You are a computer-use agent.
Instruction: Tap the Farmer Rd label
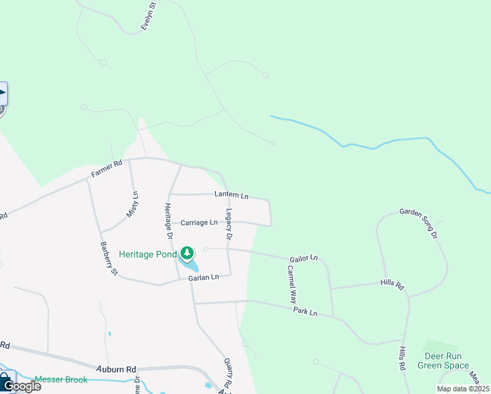pos(106,169)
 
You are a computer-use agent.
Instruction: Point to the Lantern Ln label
pos(232,195)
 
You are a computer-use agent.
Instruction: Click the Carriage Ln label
pos(199,223)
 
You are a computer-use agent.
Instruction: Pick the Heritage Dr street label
pos(168,221)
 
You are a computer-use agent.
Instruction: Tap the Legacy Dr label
pos(229,224)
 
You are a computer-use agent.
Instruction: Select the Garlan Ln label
pos(203,278)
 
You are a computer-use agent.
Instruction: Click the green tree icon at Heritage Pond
pos(187,253)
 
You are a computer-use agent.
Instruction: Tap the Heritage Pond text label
pos(148,254)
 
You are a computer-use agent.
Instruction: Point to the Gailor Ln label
pos(304,258)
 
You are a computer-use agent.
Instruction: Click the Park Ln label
pos(305,312)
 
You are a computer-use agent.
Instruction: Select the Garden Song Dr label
pos(419,223)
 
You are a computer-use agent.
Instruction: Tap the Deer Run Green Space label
pos(446,361)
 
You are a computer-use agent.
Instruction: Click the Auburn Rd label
pos(116,369)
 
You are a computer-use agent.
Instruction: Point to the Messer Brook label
pos(61,379)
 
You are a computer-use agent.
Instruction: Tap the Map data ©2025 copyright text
pos(462,389)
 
